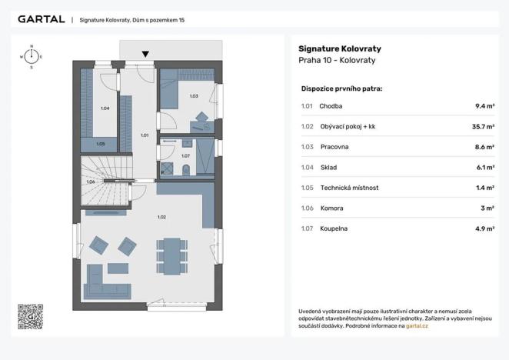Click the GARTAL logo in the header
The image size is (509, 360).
pos(42,19)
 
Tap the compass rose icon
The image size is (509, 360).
pos(32,57)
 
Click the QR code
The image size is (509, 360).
pos(31,317)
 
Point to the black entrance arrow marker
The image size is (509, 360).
pos(145,54)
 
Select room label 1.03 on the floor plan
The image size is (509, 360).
pos(194,96)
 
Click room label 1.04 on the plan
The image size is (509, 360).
pos(105,108)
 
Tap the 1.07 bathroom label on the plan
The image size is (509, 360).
pos(185,156)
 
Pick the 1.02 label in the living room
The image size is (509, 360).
pos(161,217)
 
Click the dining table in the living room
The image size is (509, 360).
pos(172,256)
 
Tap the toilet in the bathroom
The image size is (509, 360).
pos(186,170)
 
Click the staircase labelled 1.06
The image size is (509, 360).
pos(106,181)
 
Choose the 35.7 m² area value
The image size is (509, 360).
pos(483,127)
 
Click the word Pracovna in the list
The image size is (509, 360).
pos(334,147)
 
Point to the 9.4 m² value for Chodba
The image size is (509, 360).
pos(484,106)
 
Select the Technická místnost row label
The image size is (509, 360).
pos(349,188)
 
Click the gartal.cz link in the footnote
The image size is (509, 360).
pos(417,326)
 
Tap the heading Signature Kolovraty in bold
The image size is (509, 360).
pos(340,48)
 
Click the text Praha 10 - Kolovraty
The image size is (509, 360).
pos(337,61)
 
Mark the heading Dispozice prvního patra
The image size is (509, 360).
pos(341,88)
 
